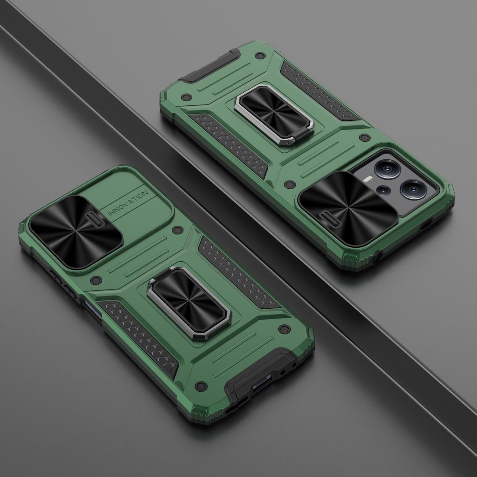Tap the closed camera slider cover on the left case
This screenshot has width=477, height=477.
tap(76, 232)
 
